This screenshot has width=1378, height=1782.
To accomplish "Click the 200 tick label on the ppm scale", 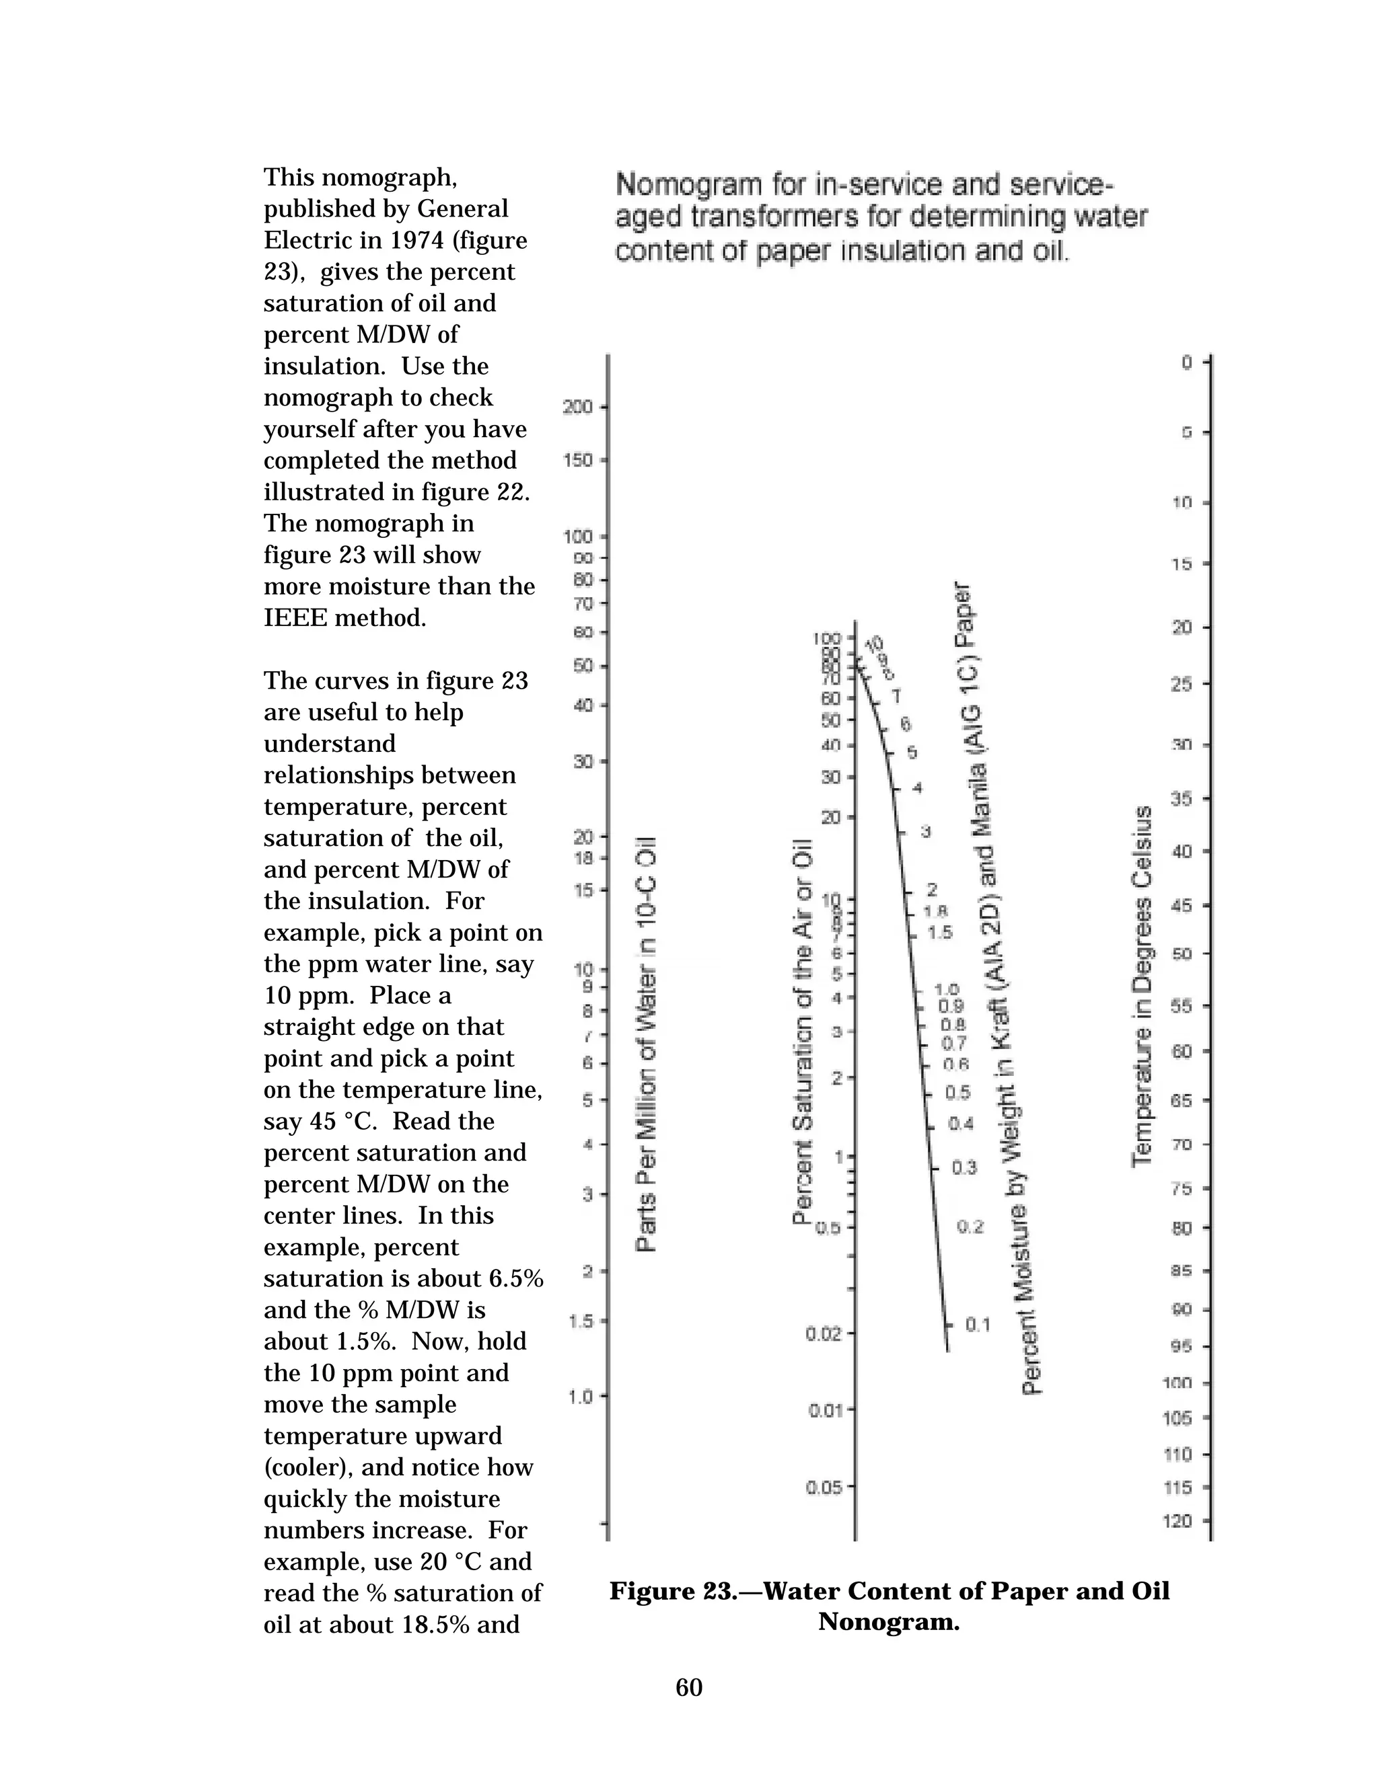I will (x=577, y=406).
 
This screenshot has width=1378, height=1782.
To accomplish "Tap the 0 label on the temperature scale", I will (x=1187, y=362).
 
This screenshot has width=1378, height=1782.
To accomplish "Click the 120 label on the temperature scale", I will (x=1177, y=1521).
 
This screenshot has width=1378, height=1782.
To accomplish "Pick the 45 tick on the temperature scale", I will (x=1182, y=906).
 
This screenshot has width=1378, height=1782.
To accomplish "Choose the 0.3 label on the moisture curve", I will (x=964, y=1167).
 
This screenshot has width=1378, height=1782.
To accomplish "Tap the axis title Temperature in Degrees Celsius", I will (x=1142, y=986).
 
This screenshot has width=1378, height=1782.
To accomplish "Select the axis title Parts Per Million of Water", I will (x=647, y=1044).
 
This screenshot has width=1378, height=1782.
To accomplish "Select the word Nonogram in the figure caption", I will (x=889, y=1621).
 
